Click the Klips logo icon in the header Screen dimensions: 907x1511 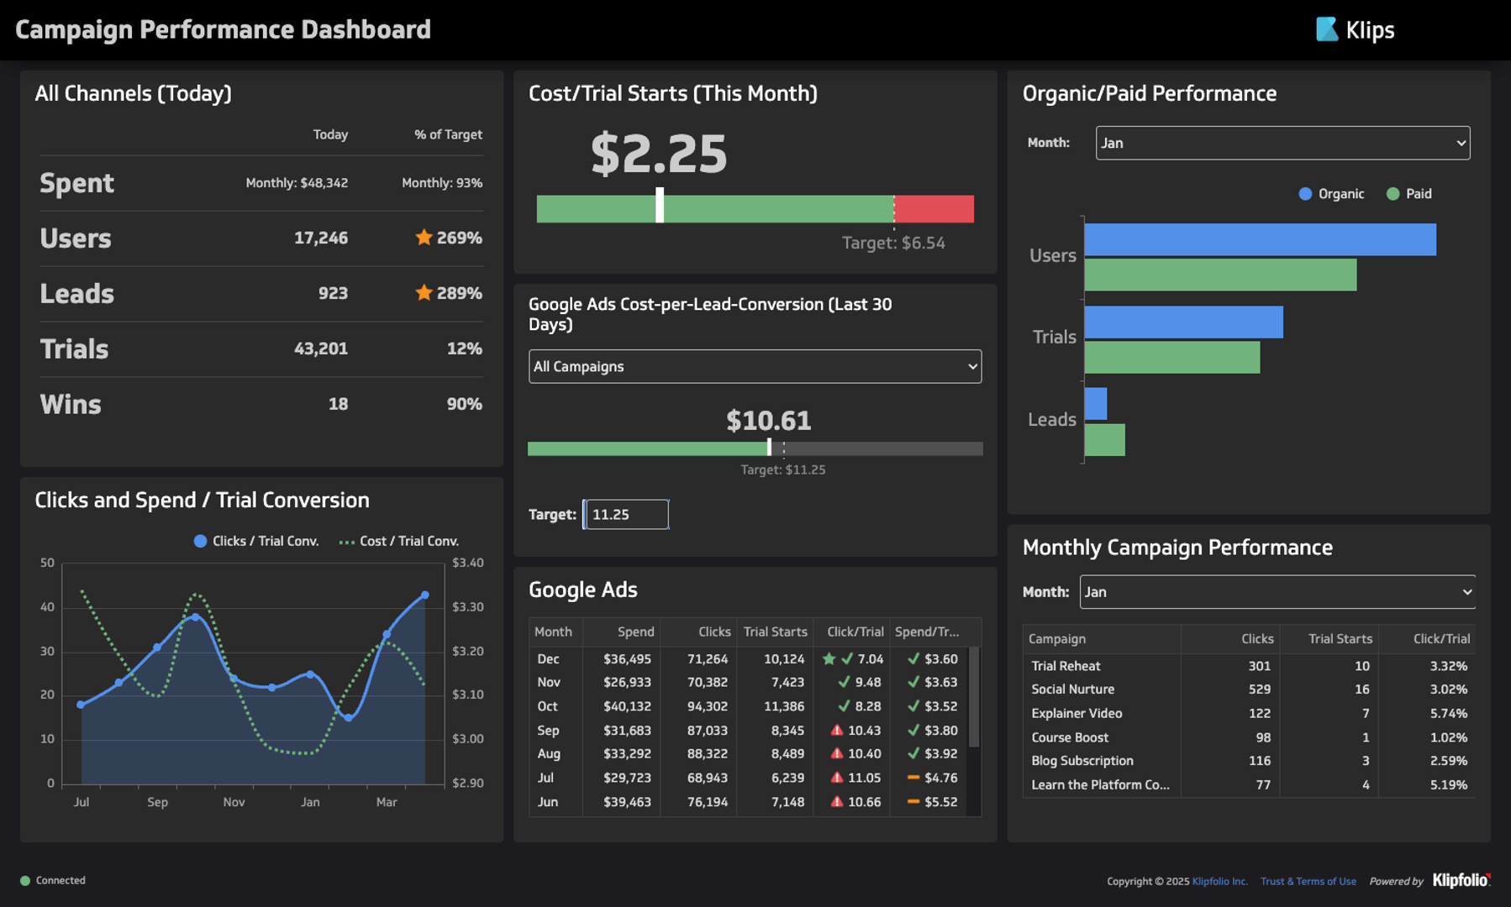tap(1326, 29)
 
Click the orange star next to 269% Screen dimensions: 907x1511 tap(424, 238)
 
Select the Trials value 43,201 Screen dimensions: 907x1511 tap(320, 349)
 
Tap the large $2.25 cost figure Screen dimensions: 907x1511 tap(658, 154)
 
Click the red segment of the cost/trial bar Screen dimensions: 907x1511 tap(934, 209)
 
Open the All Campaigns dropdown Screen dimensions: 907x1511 tap(754, 366)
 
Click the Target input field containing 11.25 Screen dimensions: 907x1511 tap(626, 514)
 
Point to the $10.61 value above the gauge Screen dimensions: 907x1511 tap(768, 420)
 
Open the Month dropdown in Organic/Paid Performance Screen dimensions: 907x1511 tap(1282, 143)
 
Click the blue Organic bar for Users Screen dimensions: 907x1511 tap(1259, 239)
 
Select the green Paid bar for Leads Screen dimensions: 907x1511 tap(1104, 440)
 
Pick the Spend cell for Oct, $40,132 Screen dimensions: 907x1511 tap(627, 706)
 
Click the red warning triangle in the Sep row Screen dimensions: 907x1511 tap(836, 730)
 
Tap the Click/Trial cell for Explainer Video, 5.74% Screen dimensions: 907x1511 tap(1448, 713)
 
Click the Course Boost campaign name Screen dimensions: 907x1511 tap(1070, 737)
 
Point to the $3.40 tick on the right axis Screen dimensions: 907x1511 tap(467, 563)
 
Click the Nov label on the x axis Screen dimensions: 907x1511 tap(234, 802)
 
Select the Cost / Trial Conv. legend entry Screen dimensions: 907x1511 tap(399, 541)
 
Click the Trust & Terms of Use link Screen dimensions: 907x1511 tap(1308, 881)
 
